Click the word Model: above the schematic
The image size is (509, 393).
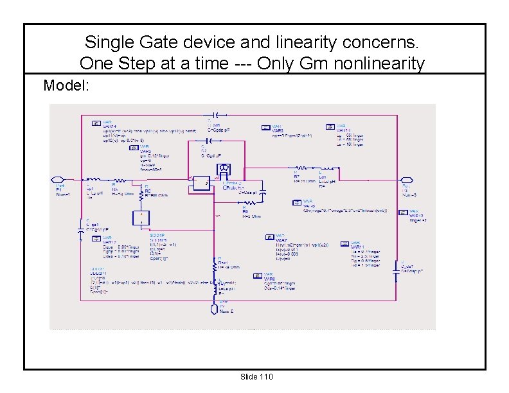[x=66, y=85]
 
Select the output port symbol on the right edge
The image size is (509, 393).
[x=406, y=180]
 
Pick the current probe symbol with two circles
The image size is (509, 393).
[x=224, y=170]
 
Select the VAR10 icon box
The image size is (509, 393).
[x=329, y=127]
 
